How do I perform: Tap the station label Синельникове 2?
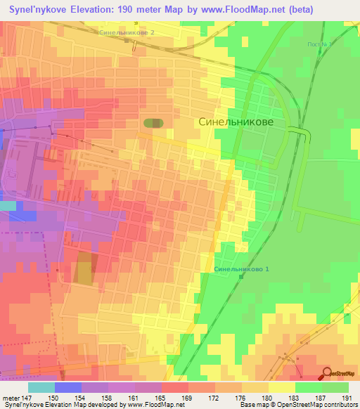pos(127,32)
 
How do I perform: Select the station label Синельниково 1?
pos(242,269)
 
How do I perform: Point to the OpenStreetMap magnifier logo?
pos(327,374)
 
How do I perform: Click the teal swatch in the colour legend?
pos(41,387)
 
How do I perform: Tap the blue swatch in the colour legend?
pos(67,387)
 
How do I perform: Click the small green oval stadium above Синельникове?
pos(154,123)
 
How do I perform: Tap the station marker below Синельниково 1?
pos(240,276)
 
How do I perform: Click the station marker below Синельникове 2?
pos(127,40)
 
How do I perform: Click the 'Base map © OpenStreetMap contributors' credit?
pos(304,405)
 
